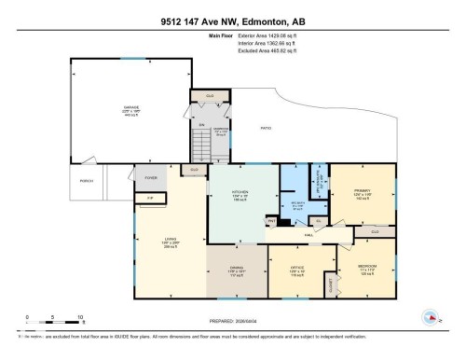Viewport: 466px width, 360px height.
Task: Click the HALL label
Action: click(x=308, y=236)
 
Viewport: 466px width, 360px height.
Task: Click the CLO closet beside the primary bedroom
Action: click(x=375, y=230)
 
